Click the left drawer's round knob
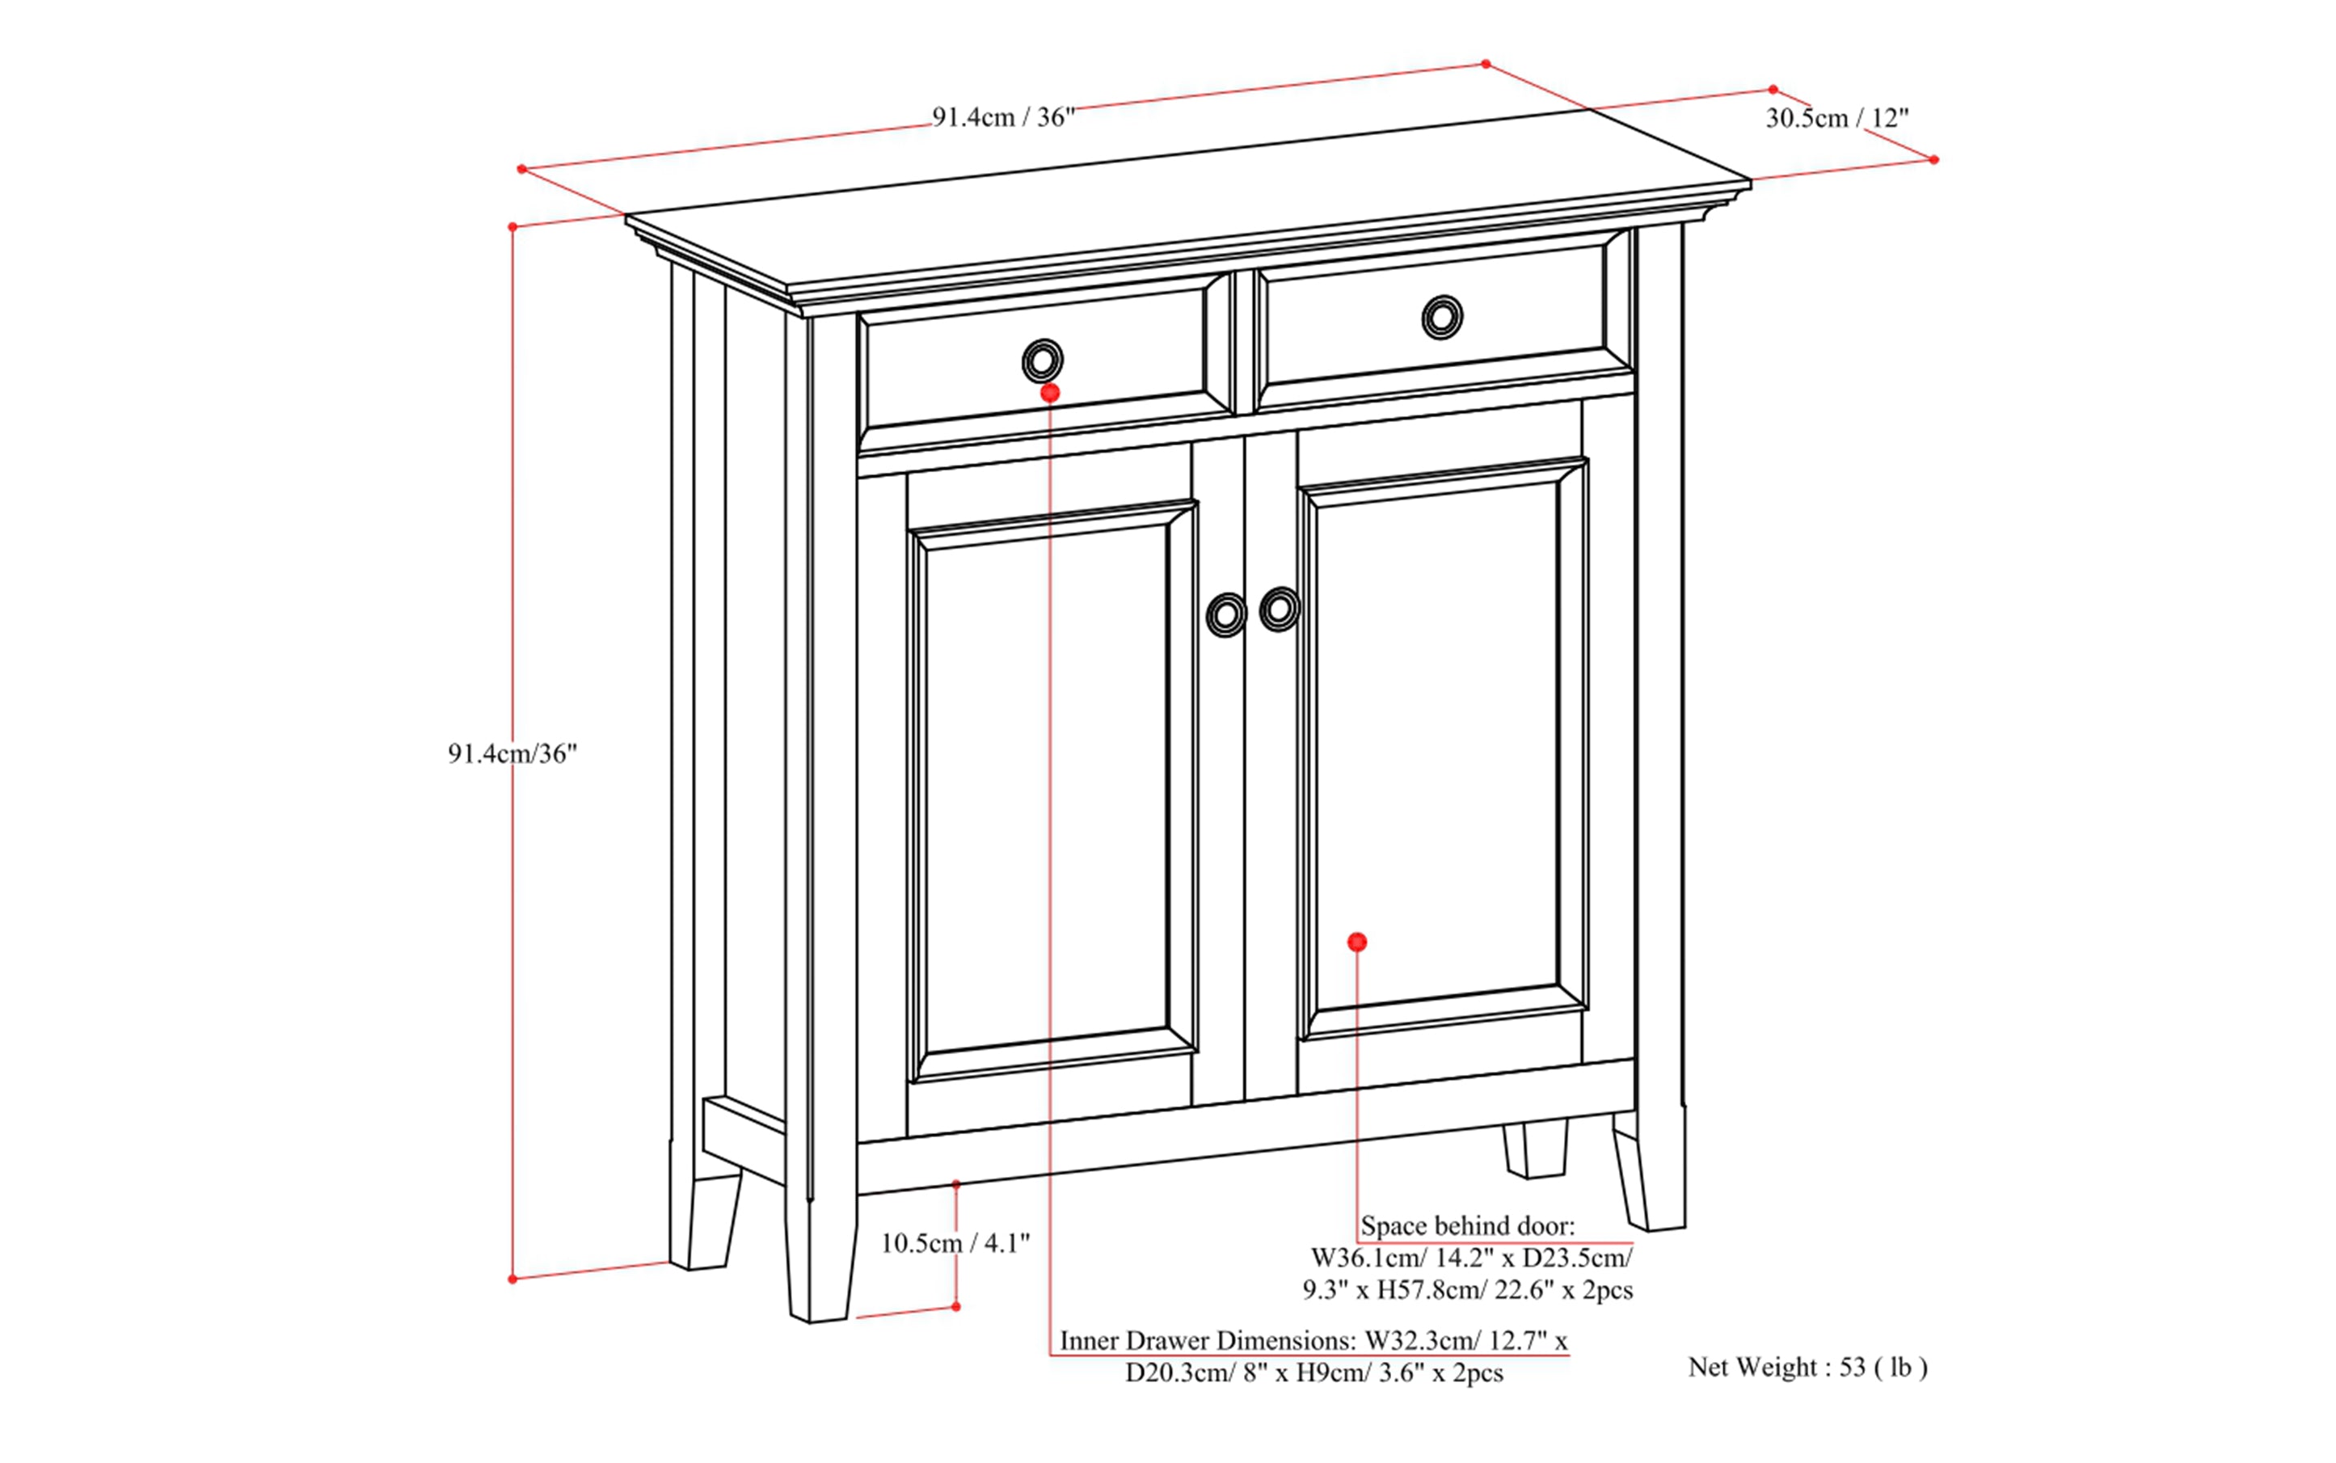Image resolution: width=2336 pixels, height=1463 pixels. click(x=1042, y=362)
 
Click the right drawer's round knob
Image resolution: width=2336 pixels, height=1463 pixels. click(x=1442, y=316)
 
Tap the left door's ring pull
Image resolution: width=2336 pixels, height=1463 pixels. click(x=1226, y=614)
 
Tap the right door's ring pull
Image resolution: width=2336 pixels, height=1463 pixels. click(x=1280, y=609)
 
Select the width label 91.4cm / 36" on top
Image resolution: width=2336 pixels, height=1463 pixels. click(x=1002, y=118)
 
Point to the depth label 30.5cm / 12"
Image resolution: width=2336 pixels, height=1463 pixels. click(x=1836, y=118)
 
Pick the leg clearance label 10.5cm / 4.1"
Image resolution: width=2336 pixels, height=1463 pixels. click(x=954, y=1243)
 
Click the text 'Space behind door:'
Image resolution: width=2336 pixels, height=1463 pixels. click(x=1467, y=1226)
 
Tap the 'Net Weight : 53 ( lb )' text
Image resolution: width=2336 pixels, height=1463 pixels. click(x=1807, y=1367)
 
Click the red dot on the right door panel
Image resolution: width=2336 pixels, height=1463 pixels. click(x=1356, y=942)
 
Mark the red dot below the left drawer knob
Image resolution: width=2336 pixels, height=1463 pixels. click(x=1050, y=393)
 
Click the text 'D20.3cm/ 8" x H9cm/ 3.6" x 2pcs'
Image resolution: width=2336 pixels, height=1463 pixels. click(x=1313, y=1373)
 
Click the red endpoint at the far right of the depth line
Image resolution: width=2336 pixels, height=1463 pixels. click(x=1933, y=160)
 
